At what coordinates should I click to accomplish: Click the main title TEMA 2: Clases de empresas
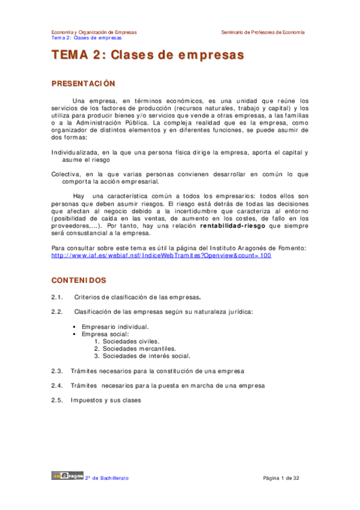click(x=148, y=56)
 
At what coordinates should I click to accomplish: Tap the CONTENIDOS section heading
click(x=79, y=280)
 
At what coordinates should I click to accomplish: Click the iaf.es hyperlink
click(x=162, y=256)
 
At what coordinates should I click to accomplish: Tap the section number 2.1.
click(x=58, y=297)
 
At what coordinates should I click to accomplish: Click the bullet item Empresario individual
click(x=115, y=327)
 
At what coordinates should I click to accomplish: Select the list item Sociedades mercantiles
click(x=139, y=348)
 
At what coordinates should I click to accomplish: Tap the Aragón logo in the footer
click(x=66, y=477)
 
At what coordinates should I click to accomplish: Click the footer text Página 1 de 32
click(x=281, y=478)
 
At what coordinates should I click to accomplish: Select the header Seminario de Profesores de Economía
click(x=263, y=31)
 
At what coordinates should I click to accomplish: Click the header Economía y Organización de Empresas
click(x=94, y=31)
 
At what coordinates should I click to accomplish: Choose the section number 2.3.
click(x=58, y=370)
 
